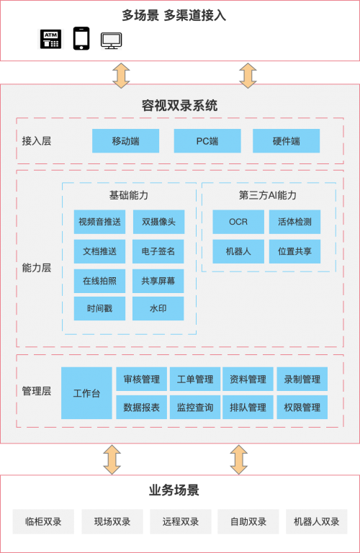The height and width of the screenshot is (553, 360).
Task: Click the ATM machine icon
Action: (50, 39)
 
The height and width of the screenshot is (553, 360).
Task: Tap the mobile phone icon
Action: (81, 38)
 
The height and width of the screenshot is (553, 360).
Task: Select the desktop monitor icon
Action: (111, 40)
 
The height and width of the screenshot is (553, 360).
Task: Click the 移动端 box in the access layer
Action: (125, 141)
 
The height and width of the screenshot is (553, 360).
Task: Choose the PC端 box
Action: (207, 141)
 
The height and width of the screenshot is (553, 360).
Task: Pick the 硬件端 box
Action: (287, 141)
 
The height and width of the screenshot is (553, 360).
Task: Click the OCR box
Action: (238, 222)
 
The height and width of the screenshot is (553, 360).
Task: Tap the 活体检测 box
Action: (294, 222)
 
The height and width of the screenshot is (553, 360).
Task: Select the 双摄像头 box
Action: (158, 222)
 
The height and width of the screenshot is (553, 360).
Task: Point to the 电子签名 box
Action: (158, 251)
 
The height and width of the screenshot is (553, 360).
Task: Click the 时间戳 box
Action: (99, 309)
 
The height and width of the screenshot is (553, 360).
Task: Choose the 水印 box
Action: (158, 309)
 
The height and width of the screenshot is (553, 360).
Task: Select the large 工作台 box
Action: (86, 393)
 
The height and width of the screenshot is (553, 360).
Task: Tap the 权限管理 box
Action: (302, 408)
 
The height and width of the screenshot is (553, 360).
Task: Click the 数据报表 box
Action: (141, 408)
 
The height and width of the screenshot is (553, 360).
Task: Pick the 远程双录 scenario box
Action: (181, 521)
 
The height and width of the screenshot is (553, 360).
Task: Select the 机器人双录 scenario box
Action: (317, 521)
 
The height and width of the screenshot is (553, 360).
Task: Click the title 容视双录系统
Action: (180, 105)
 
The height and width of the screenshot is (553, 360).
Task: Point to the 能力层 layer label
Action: (37, 268)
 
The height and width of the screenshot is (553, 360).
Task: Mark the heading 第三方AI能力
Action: (268, 195)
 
